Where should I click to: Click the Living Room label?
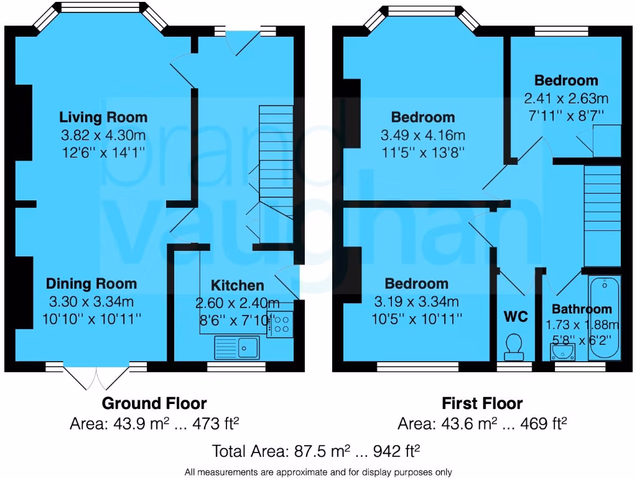coord(103,117)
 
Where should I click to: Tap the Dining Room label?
coord(91,284)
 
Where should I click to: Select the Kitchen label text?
coord(238,285)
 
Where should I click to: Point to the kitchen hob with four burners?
coord(281,324)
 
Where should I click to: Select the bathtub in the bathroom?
coord(605,318)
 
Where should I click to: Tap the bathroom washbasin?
coord(563,352)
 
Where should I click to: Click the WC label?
coord(515,317)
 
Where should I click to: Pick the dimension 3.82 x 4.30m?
coord(103,135)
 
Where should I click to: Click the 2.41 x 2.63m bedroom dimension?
coord(566,98)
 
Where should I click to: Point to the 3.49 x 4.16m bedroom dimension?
coord(422,135)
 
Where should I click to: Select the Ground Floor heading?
coord(154,403)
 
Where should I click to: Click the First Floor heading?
coord(482,403)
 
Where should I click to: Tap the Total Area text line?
coord(318,451)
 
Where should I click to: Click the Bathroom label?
coord(582,309)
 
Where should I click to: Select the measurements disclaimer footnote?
coord(318,472)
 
